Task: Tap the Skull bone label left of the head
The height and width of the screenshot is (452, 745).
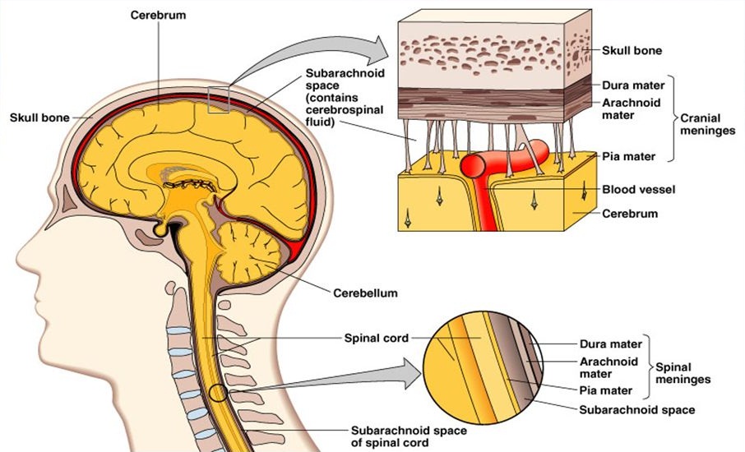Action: click(39, 117)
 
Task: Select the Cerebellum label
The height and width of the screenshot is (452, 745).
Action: click(365, 292)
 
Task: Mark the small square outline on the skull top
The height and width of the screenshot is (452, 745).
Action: click(220, 99)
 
